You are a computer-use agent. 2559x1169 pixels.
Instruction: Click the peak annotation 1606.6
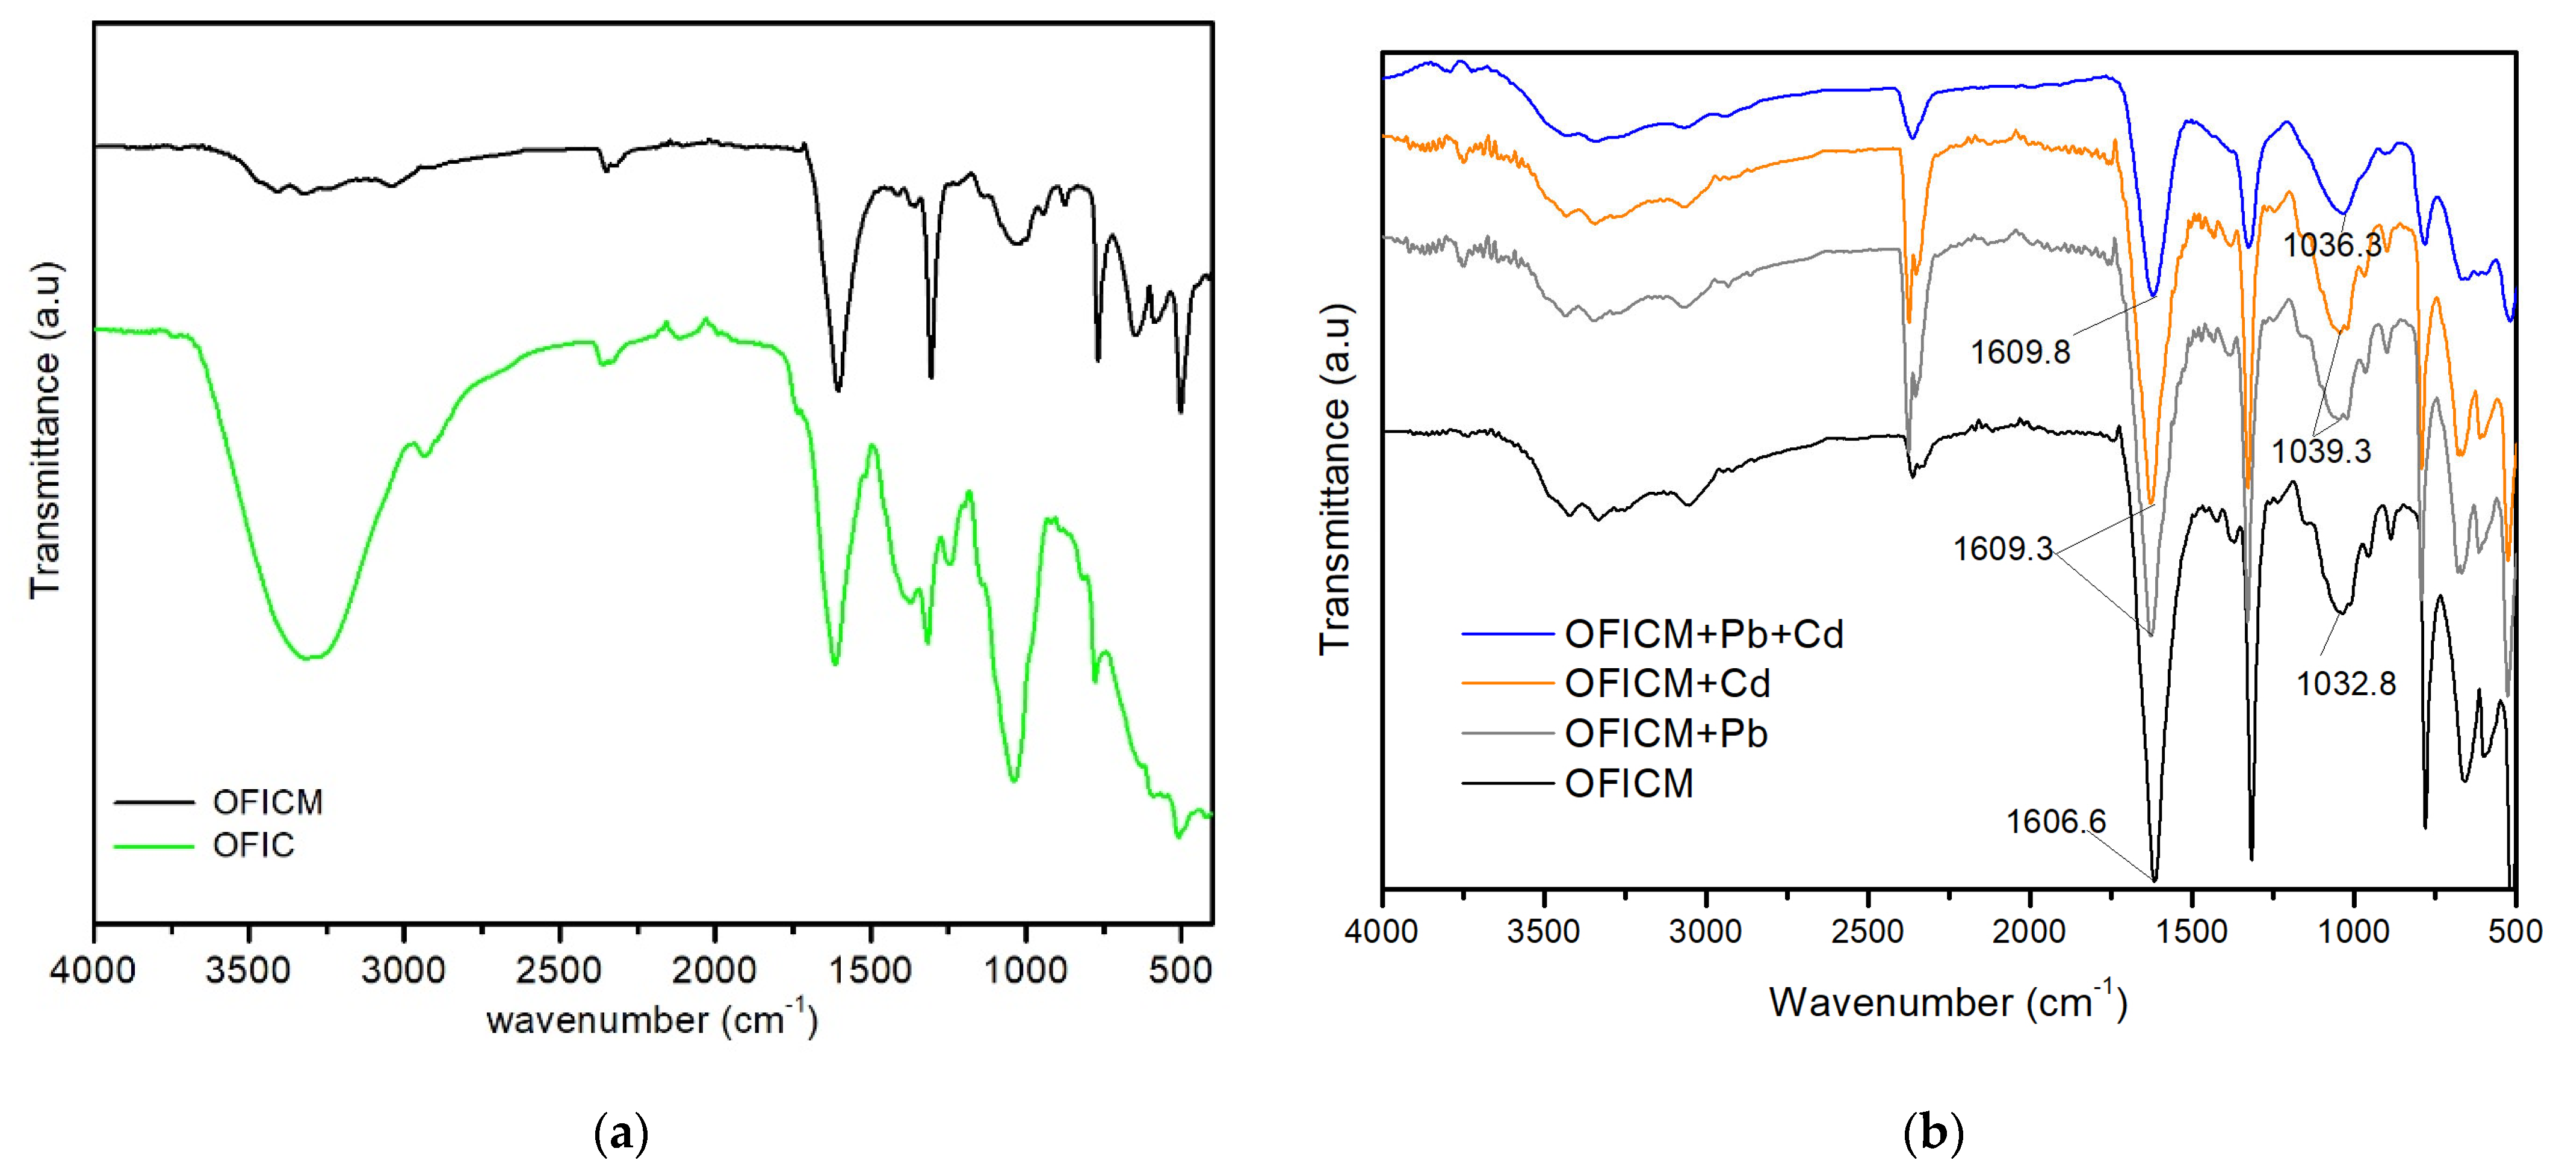2055,822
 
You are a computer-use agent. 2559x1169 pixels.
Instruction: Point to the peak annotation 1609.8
2020,352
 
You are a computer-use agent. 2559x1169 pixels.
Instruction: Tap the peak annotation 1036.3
2332,244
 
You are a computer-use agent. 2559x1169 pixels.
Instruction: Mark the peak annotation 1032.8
2345,683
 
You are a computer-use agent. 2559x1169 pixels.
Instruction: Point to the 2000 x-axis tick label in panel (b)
2029,932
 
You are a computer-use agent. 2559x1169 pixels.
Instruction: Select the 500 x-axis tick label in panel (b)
2514,932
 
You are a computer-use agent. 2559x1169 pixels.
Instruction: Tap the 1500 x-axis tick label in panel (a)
870,969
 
